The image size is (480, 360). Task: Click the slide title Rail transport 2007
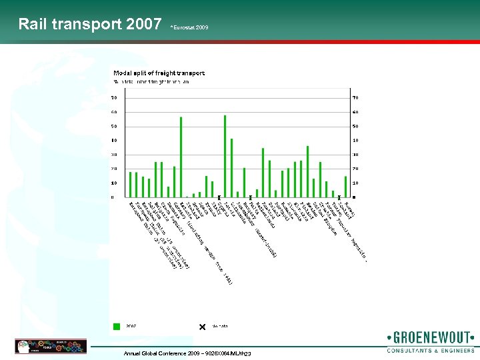(x=90, y=25)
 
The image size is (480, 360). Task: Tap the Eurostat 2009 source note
(x=189, y=28)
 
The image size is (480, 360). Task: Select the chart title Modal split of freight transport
(x=159, y=73)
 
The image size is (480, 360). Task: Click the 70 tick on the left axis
(x=114, y=98)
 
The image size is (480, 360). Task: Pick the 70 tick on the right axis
(x=355, y=98)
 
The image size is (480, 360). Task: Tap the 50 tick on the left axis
(x=114, y=126)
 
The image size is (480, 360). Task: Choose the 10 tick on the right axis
(x=355, y=183)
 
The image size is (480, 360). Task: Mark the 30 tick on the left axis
(x=114, y=155)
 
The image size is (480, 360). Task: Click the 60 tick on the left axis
(x=114, y=112)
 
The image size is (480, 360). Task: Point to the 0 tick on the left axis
(x=113, y=197)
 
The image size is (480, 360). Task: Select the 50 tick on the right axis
(x=355, y=126)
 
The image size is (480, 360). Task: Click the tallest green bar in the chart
(x=225, y=156)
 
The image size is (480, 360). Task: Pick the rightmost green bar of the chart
(x=345, y=187)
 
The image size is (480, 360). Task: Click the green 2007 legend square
(x=117, y=326)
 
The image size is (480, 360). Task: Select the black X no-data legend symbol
(x=202, y=326)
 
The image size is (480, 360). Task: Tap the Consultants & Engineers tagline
(x=431, y=350)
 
